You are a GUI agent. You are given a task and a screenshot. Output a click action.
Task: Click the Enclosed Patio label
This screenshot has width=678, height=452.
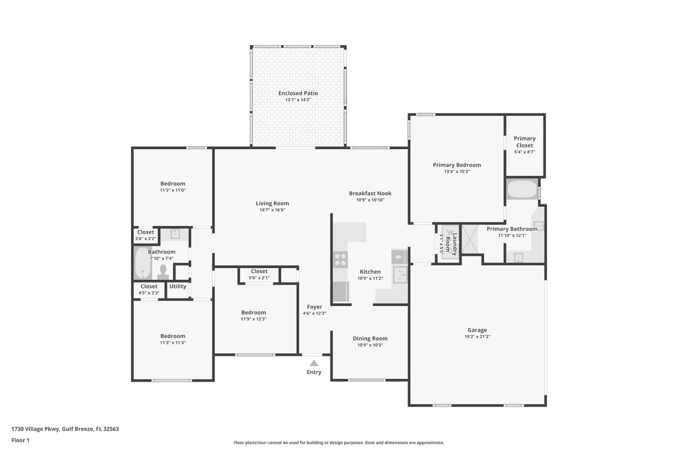click(298, 93)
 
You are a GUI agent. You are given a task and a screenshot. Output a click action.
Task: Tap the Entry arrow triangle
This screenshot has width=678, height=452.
click(314, 363)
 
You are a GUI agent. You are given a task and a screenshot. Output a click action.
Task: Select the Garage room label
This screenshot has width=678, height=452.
click(477, 330)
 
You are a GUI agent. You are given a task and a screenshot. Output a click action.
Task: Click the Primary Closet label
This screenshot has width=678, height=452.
click(525, 142)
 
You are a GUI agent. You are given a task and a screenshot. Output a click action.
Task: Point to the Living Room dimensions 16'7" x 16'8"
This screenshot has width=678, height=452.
click(272, 210)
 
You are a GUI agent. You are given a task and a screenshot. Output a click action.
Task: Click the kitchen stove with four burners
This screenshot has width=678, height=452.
click(341, 259)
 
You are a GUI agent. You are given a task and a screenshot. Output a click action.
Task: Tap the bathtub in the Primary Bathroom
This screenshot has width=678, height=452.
click(522, 189)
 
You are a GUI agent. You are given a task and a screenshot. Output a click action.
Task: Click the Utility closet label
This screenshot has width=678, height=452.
click(178, 287)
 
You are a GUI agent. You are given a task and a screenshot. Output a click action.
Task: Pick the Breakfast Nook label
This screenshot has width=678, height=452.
click(370, 193)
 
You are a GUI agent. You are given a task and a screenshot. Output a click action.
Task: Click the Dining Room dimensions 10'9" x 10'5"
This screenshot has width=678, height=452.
click(370, 345)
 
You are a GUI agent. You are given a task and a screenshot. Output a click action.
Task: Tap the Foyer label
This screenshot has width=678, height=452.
click(314, 307)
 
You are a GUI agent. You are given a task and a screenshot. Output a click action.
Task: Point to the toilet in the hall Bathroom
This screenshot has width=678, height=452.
click(163, 272)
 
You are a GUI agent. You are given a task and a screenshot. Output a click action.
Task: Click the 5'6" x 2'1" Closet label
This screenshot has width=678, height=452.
click(259, 272)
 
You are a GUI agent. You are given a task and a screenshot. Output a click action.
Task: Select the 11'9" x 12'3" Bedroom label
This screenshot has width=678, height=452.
click(254, 313)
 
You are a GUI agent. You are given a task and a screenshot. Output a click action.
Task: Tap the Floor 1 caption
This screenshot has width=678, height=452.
click(20, 440)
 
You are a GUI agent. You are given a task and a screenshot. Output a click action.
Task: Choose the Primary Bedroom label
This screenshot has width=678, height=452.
click(456, 165)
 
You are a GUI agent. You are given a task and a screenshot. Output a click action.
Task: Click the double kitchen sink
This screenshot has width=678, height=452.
click(400, 275)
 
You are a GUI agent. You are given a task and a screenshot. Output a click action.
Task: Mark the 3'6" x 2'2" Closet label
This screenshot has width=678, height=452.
click(146, 232)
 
